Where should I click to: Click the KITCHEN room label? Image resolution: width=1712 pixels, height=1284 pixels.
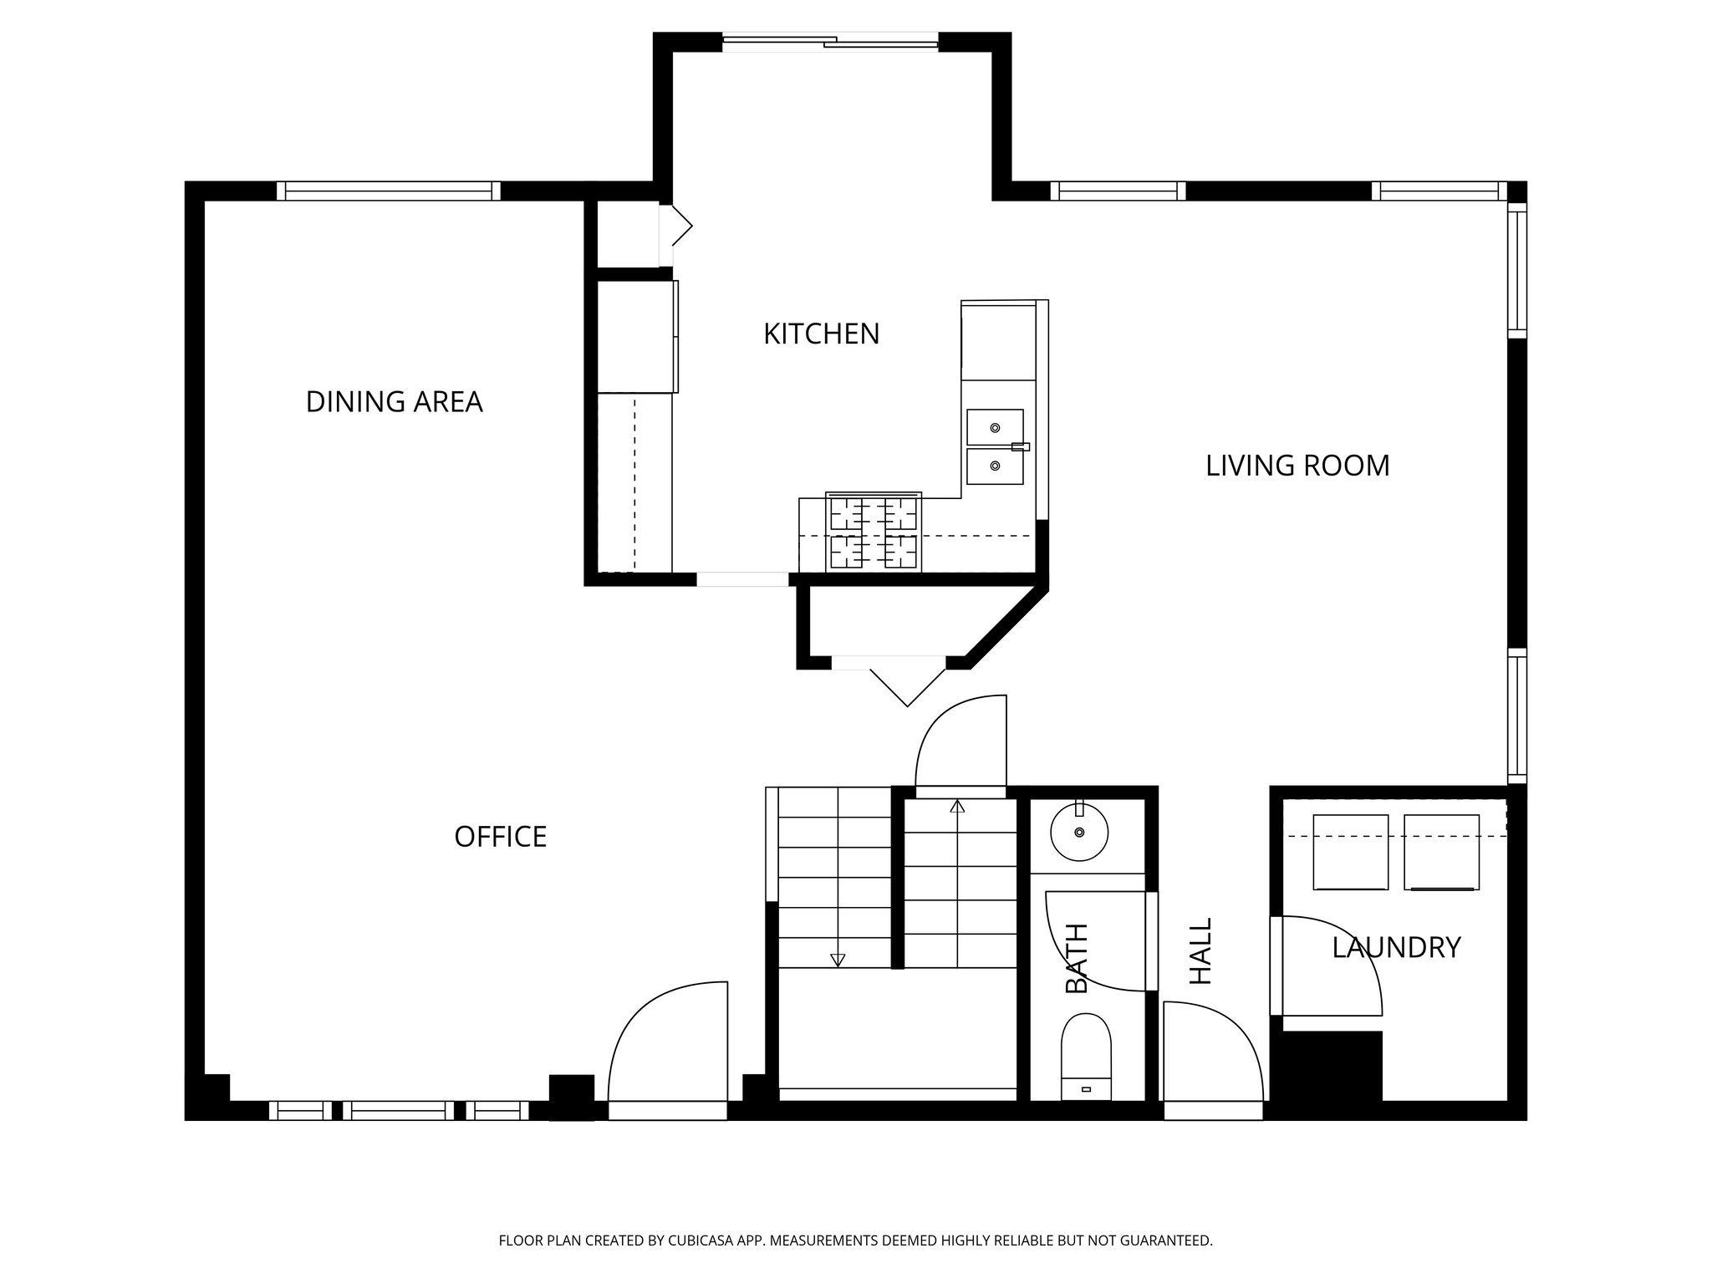pyautogui.click(x=821, y=334)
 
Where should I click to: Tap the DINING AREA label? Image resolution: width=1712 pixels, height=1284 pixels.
pyautogui.click(x=394, y=402)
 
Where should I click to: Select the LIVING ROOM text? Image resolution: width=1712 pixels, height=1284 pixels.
pyautogui.click(x=1297, y=466)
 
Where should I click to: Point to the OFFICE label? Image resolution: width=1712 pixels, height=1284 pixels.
pyautogui.click(x=500, y=837)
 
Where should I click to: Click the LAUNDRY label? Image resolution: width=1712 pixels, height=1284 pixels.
pyautogui.click(x=1396, y=948)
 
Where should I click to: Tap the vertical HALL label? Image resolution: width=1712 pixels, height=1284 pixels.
pyautogui.click(x=1200, y=951)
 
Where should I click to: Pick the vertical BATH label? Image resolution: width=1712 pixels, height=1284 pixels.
pyautogui.click(x=1077, y=959)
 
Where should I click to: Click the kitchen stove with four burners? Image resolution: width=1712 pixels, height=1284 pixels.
pyautogui.click(x=874, y=532)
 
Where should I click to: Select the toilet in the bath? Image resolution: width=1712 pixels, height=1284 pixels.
pyautogui.click(x=1086, y=1057)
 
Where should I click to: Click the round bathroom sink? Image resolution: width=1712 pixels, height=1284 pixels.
pyautogui.click(x=1079, y=832)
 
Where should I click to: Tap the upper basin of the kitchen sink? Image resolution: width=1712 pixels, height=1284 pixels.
pyautogui.click(x=995, y=427)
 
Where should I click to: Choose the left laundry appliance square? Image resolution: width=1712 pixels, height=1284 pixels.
pyautogui.click(x=1350, y=852)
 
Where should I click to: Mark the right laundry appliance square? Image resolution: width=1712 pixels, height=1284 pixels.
pyautogui.click(x=1442, y=852)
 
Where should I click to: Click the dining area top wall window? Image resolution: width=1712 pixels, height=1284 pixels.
pyautogui.click(x=388, y=191)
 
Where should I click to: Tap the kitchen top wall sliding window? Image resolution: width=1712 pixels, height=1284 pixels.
pyautogui.click(x=830, y=42)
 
